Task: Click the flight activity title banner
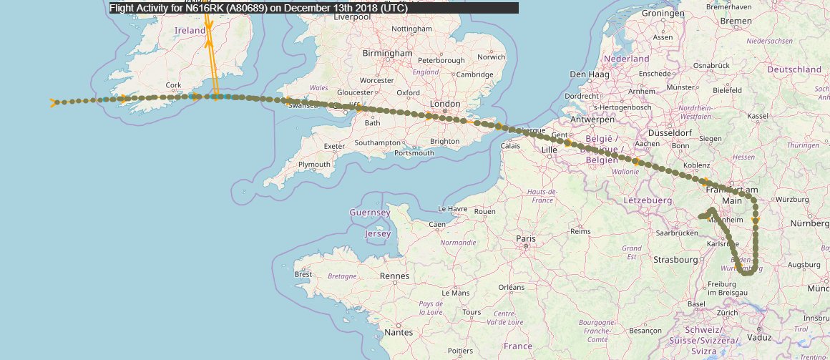[x=313, y=8]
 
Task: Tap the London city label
[x=445, y=104]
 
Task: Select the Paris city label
[x=526, y=238]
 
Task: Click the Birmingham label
[x=388, y=53]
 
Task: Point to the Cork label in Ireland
[x=173, y=84]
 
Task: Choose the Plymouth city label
[x=314, y=164]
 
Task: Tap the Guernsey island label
[x=369, y=213]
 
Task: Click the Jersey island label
[x=378, y=234]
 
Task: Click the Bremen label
[x=736, y=21]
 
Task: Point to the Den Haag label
[x=588, y=74]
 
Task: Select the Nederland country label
[x=626, y=59]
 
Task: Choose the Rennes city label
[x=395, y=276]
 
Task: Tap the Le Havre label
[x=451, y=209]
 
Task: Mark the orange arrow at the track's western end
[x=53, y=103]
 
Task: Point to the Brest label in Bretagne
[x=303, y=274]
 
